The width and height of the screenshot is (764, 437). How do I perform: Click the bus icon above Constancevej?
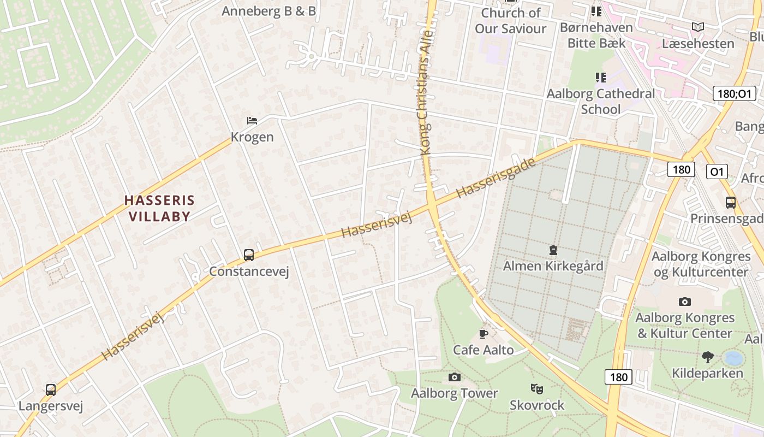pyautogui.click(x=249, y=255)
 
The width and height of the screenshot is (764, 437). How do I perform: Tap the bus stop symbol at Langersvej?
pyautogui.click(x=51, y=389)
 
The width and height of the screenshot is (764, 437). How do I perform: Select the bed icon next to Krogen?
pyautogui.click(x=252, y=120)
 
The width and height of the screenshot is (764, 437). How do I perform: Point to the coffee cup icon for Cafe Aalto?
pyautogui.click(x=483, y=333)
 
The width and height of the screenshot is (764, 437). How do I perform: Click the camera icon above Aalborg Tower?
pyautogui.click(x=454, y=377)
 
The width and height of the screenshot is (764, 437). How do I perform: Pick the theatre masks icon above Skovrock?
pyautogui.click(x=537, y=389)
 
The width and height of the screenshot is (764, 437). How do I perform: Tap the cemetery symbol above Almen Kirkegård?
pyautogui.click(x=553, y=250)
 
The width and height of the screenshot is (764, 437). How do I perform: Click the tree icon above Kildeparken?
pyautogui.click(x=707, y=357)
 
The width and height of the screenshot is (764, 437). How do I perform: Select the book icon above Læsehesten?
pyautogui.click(x=697, y=27)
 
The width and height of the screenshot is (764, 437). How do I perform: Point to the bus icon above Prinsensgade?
pyautogui.click(x=731, y=203)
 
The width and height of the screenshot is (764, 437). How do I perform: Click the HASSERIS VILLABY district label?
pyautogui.click(x=159, y=208)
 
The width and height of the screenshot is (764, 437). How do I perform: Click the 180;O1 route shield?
pyautogui.click(x=735, y=93)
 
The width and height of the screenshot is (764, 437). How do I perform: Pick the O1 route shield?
pyautogui.click(x=717, y=172)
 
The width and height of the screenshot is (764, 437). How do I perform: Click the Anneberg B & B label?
pyautogui.click(x=268, y=11)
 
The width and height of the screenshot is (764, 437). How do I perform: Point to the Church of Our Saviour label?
pyautogui.click(x=510, y=21)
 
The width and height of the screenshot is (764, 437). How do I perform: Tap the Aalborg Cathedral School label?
pyautogui.click(x=601, y=101)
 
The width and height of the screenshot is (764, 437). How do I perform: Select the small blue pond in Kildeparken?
pyautogui.click(x=733, y=358)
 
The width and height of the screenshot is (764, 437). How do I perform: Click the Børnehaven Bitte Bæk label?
pyautogui.click(x=596, y=35)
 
